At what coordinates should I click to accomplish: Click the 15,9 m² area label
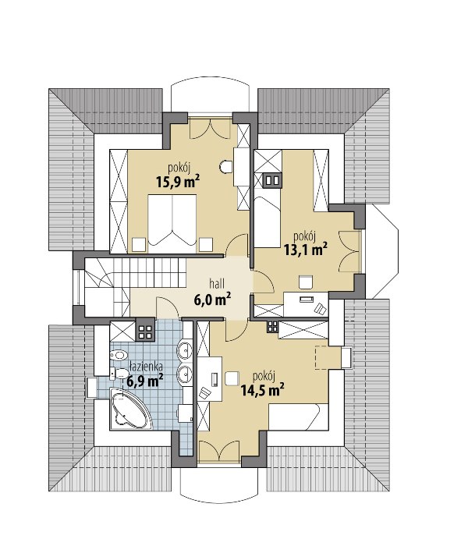point(178,181)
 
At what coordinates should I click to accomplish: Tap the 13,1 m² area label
point(306,250)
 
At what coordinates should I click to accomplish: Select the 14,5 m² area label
point(263,390)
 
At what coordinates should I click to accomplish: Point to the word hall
point(217,284)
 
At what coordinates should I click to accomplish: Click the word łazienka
point(147,367)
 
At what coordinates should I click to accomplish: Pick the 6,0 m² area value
point(212,299)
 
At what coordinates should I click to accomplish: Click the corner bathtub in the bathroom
point(130,409)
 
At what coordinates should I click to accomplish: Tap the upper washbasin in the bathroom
point(185,350)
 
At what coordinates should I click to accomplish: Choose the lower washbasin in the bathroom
point(185,373)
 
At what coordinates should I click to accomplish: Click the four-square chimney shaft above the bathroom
point(145,331)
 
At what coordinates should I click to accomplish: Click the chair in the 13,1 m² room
point(306,282)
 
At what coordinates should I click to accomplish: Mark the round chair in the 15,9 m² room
point(225,167)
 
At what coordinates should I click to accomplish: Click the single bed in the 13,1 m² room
point(268,222)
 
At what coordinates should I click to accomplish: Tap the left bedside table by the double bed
point(139,245)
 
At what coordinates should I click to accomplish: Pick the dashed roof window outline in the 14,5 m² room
point(328,358)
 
